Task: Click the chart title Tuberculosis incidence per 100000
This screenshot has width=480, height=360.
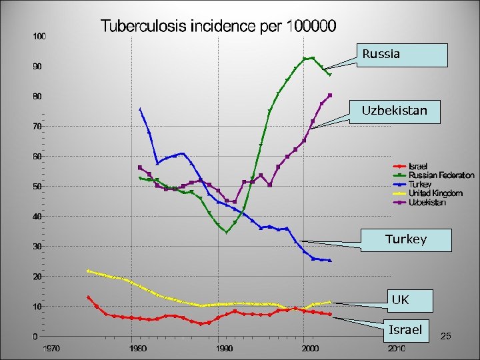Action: (219, 27)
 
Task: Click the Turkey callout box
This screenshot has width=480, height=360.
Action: (405, 239)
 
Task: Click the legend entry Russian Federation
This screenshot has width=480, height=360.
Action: (441, 175)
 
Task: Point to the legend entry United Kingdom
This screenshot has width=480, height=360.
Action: (435, 193)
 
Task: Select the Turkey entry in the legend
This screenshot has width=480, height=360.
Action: (420, 184)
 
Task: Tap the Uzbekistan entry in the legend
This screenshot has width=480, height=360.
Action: (427, 203)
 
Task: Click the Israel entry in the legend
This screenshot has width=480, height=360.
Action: (418, 166)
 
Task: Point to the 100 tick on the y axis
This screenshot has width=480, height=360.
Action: (40, 36)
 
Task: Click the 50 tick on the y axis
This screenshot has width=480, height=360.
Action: (40, 187)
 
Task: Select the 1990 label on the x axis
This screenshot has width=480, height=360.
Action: (225, 348)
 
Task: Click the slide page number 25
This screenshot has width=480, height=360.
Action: (446, 337)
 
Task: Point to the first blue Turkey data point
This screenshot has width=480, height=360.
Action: (140, 109)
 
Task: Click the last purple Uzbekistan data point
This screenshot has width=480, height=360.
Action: (330, 95)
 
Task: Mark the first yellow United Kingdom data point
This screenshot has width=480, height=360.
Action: (88, 271)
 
